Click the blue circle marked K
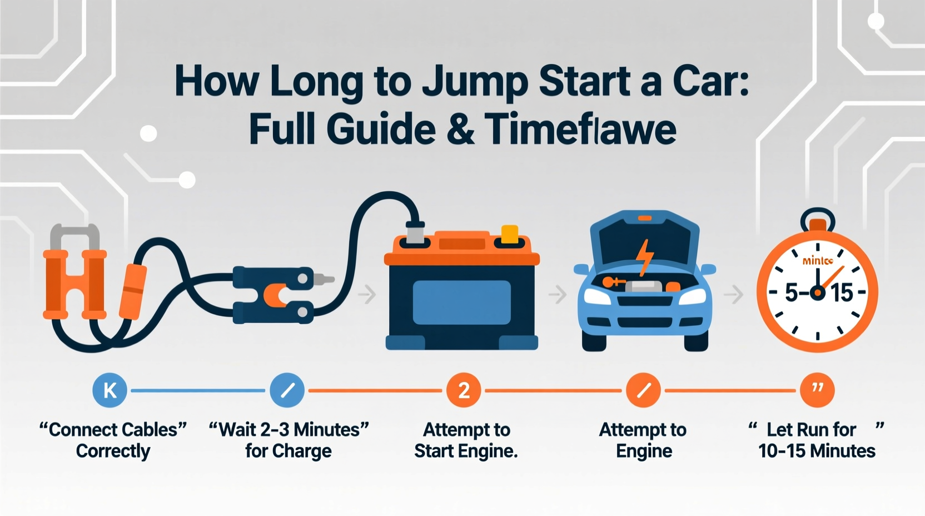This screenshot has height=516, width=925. (110, 390)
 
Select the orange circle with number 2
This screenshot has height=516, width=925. (464, 390)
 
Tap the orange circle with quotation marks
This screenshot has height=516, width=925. (817, 390)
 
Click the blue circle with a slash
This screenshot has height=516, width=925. (287, 390)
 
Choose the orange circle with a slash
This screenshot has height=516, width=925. (643, 390)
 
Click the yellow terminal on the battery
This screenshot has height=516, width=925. (510, 234)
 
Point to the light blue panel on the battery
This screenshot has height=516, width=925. (461, 302)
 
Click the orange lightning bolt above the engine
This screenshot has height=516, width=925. (645, 256)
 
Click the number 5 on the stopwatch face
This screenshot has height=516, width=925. (792, 292)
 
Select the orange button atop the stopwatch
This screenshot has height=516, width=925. (818, 225)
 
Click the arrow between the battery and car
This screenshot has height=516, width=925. (558, 294)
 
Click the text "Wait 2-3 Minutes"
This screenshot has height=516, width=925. (289, 430)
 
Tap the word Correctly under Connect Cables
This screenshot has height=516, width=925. (113, 451)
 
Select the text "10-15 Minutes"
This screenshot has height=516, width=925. (817, 451)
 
